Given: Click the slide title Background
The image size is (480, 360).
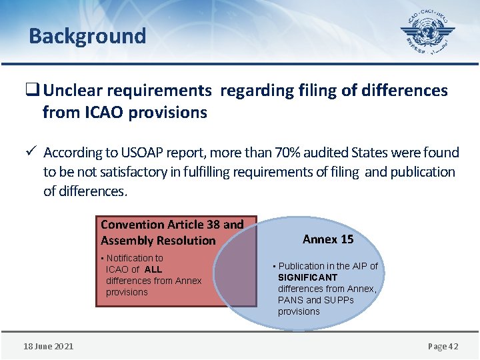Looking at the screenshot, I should pos(87,35).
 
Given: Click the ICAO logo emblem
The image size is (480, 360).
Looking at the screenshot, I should pos(427,33).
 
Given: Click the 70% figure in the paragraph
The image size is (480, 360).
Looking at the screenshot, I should pos(281,153).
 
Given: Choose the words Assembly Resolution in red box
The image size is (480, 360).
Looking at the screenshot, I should pos(158,241).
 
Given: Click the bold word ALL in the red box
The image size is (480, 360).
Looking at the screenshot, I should pos(153,269).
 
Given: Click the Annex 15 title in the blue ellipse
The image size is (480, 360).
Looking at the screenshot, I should pos(328,239).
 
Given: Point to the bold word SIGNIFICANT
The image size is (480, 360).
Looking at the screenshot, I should pos(307,277).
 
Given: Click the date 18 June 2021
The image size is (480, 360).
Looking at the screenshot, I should pos(49,346).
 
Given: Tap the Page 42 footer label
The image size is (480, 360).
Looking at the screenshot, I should pos(443,346).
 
